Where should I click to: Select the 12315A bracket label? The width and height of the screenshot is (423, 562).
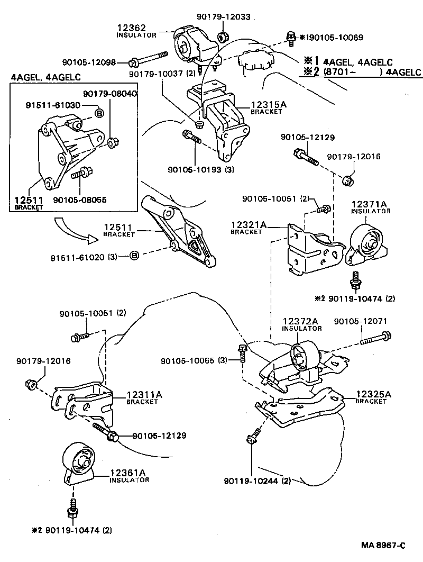269,105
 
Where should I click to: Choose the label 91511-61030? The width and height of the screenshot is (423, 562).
53,105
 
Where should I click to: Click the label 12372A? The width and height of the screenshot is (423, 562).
300,321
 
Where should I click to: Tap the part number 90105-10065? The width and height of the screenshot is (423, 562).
188,361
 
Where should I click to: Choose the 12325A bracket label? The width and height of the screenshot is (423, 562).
373,394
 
